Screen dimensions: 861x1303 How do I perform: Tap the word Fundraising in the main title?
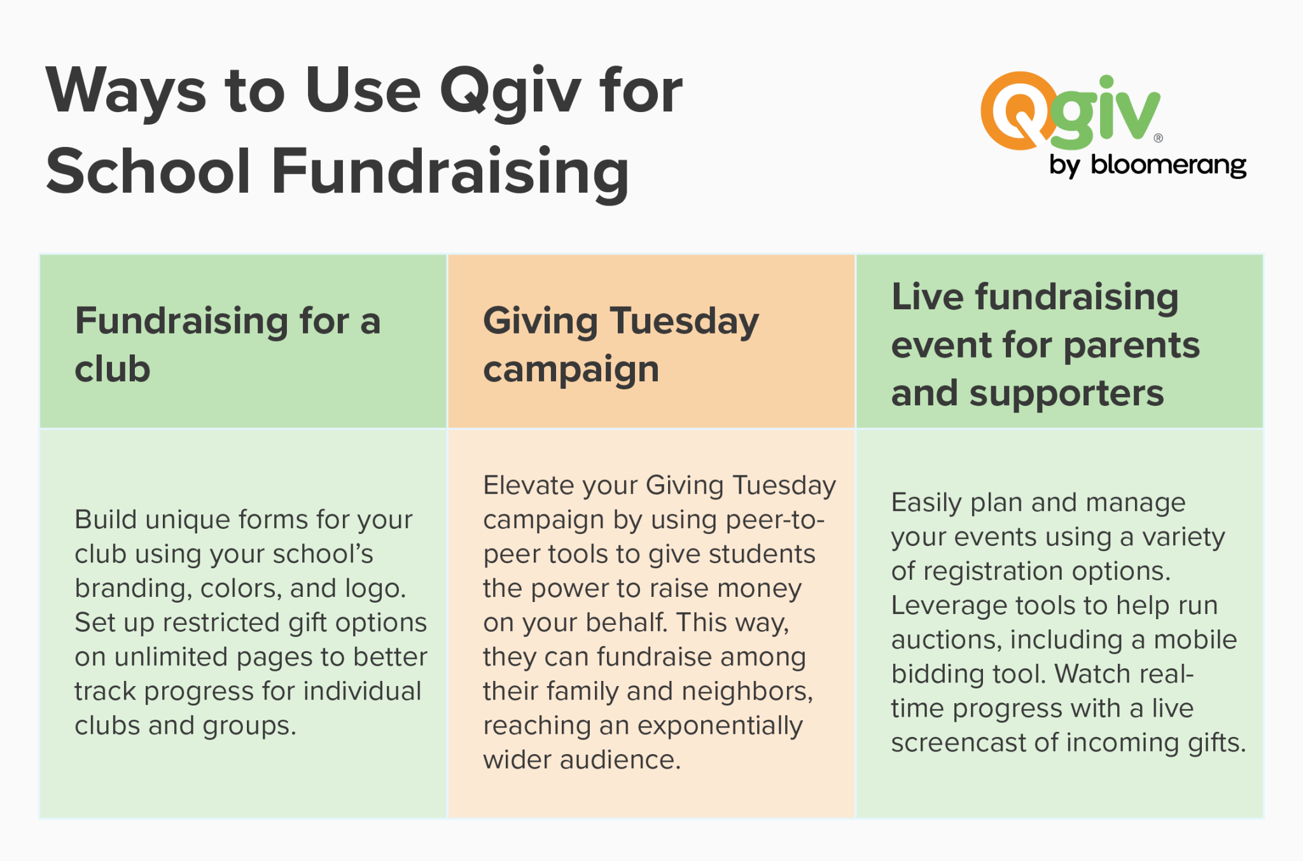(450, 172)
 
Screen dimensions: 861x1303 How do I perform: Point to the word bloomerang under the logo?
(1168, 165)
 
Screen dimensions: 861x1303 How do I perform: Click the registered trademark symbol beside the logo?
(1159, 138)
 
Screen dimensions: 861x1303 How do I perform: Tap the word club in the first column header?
(113, 370)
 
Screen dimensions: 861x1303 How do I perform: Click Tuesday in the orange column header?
(684, 321)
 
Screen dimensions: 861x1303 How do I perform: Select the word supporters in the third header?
(1066, 393)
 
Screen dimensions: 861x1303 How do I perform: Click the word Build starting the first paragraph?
(106, 519)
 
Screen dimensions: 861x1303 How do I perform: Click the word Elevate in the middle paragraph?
(528, 486)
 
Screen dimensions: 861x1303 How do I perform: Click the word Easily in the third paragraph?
(926, 503)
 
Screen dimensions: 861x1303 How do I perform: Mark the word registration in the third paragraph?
(993, 571)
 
